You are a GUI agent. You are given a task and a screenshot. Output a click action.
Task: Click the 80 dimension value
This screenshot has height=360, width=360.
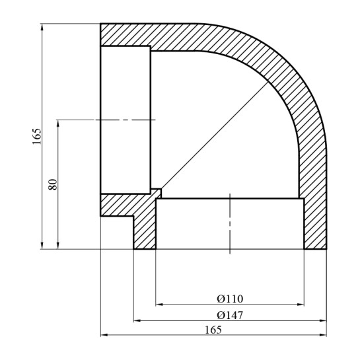[x=54, y=184]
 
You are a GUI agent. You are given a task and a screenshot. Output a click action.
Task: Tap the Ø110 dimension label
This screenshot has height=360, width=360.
[x=229, y=298]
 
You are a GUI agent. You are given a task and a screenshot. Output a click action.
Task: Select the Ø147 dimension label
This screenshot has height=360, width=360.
[x=229, y=314]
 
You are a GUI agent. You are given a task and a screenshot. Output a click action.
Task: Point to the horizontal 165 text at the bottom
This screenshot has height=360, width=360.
[x=213, y=329]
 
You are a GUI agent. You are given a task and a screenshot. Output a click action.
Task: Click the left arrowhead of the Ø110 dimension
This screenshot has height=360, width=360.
[x=159, y=305]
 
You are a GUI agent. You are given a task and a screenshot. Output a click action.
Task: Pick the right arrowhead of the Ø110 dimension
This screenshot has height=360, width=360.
[x=301, y=305]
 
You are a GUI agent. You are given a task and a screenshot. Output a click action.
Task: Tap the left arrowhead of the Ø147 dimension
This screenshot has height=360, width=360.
[x=137, y=321]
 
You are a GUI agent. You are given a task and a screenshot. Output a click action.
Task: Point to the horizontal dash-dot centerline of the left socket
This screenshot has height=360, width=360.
[x=126, y=120]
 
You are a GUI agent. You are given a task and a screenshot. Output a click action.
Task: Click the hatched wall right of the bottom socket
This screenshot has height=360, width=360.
[x=314, y=225]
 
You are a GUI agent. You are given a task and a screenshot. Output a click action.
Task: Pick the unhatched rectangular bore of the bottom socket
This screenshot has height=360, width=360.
[x=198, y=225]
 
